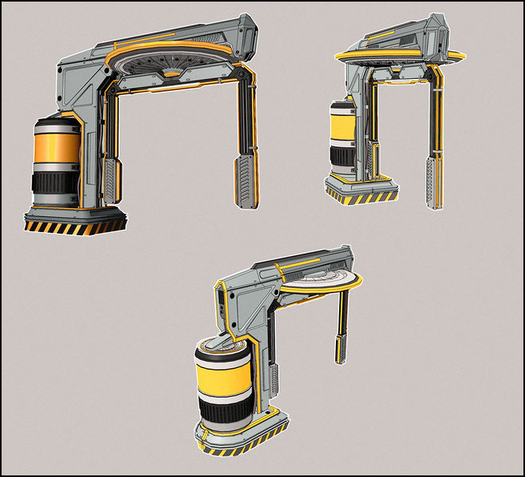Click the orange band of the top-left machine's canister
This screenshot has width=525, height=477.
[x=56, y=151]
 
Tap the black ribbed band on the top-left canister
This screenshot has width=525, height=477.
[x=55, y=186]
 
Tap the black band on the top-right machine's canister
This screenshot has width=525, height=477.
[x=342, y=155]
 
